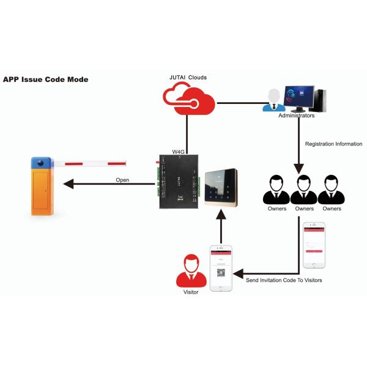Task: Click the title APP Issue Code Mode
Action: [46, 80]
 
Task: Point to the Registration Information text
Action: [333, 144]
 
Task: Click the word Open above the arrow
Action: [122, 180]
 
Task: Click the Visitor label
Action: [191, 292]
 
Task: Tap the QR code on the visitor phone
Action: [221, 273]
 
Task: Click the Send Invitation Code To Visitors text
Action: [284, 280]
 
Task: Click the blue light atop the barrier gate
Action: [41, 163]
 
